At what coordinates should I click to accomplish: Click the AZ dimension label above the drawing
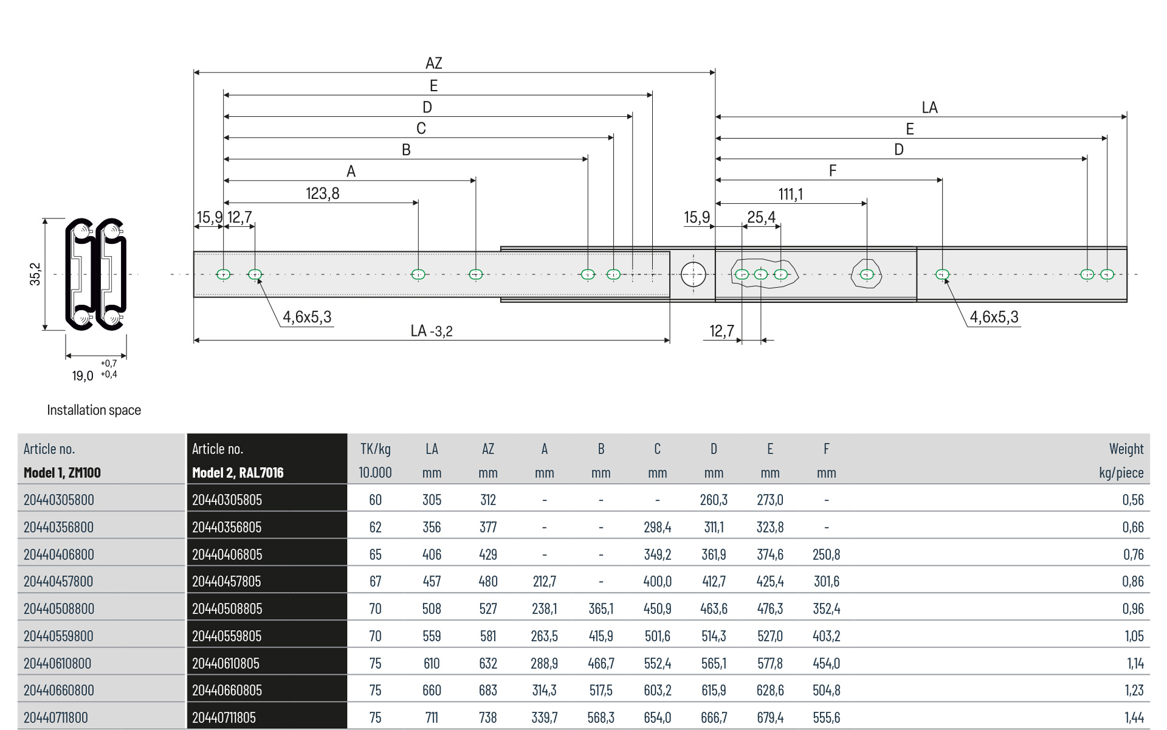tap(433, 63)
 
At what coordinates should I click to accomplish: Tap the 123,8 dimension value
tap(322, 193)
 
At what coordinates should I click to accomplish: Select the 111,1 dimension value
tap(790, 194)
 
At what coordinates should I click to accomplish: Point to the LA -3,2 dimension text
tap(432, 331)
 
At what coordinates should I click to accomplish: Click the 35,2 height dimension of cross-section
tap(36, 274)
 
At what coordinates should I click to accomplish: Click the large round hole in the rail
tap(694, 274)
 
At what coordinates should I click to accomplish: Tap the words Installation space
tap(94, 410)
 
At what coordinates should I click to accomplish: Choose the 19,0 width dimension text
tap(83, 376)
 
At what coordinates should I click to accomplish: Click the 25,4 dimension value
tap(761, 217)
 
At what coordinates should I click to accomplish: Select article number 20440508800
tap(59, 608)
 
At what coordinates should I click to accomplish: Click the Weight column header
tap(1126, 449)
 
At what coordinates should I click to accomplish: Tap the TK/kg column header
tap(375, 449)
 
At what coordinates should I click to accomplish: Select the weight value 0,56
tap(1133, 500)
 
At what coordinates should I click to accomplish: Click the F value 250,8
tap(826, 554)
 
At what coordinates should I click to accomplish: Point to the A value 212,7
tap(544, 582)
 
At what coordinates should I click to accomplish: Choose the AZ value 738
tap(487, 717)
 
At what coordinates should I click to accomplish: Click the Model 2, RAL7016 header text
tap(238, 473)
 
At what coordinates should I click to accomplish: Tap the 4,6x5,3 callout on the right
tap(994, 317)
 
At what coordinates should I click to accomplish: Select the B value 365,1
tap(601, 608)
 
